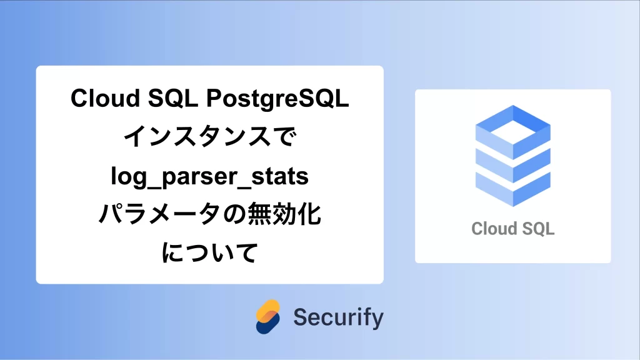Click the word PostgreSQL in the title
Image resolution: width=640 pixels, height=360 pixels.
pos(277,99)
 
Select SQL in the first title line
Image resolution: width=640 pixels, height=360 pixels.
pos(173,99)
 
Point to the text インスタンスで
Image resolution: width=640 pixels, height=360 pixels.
pos(210,136)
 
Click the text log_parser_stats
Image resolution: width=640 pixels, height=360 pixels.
pos(210,177)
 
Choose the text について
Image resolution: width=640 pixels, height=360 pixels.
pos(210,252)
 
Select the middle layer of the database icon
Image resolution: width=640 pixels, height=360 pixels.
pos(513,166)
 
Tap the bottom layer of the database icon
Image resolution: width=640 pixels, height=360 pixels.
pos(513,190)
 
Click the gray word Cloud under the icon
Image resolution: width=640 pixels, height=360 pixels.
pos(492,229)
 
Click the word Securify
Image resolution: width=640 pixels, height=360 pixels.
pos(338,317)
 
